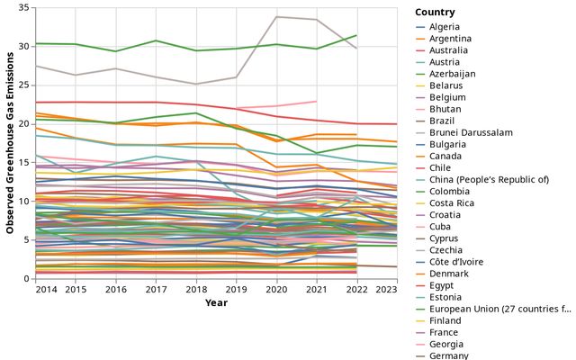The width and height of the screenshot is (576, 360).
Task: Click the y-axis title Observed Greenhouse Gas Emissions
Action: pyautogui.click(x=11, y=143)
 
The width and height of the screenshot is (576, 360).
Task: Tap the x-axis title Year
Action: pyautogui.click(x=216, y=302)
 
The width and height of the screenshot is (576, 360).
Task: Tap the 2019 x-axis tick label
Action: pyautogui.click(x=236, y=289)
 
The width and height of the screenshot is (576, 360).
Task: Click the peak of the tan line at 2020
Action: pyautogui.click(x=275, y=16)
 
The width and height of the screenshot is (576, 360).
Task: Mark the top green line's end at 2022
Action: pyautogui.click(x=356, y=35)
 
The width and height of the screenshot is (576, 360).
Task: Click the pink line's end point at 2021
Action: pyautogui.click(x=317, y=101)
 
